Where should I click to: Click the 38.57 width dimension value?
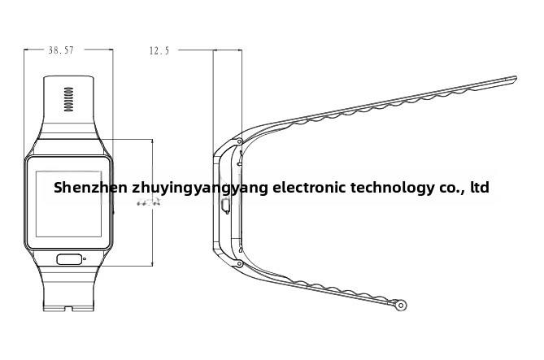pos(61,50)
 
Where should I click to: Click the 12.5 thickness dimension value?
pos(159,50)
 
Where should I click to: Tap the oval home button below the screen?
pos(69,260)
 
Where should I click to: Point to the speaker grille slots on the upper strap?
pos(69,99)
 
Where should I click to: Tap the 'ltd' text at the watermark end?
pos(480,188)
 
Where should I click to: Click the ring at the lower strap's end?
pos(400,306)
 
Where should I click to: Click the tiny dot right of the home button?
pos(85,260)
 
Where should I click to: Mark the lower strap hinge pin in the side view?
pos(239,263)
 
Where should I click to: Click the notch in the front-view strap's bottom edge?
pos(69,307)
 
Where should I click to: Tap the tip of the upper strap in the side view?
pos(514,79)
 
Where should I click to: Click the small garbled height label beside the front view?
pos(148,202)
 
